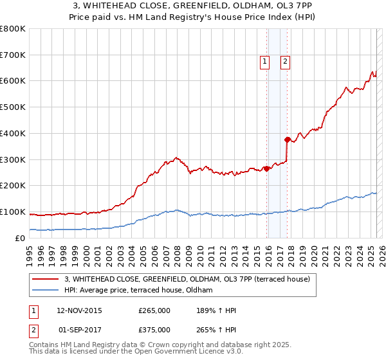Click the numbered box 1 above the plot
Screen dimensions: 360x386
[264, 62]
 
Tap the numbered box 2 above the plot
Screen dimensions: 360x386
[285, 62]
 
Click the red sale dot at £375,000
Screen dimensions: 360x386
[287, 139]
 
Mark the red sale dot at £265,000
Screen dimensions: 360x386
[266, 168]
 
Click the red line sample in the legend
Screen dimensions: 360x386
[45, 279]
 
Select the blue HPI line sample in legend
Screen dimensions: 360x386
[45, 290]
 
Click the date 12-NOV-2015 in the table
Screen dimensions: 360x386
[80, 310]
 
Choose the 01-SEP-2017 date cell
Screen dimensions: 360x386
[80, 329]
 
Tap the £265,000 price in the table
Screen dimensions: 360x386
[154, 310]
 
